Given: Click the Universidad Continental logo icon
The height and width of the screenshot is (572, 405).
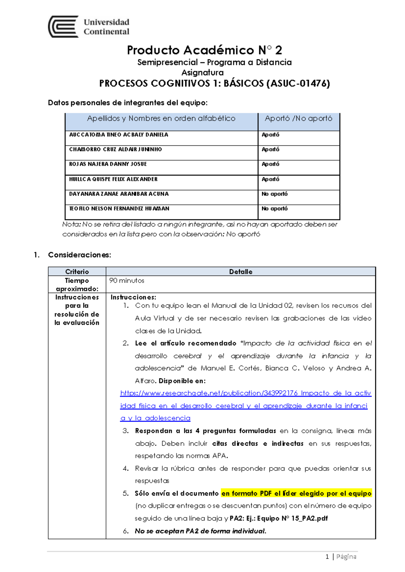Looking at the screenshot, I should coord(63,27).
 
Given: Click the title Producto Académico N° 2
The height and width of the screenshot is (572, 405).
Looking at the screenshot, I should coord(204,50).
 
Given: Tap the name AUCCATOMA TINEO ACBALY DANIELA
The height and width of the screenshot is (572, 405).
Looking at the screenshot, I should coord(118,135).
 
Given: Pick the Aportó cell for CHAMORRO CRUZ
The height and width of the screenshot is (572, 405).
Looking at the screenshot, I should coord(271,149).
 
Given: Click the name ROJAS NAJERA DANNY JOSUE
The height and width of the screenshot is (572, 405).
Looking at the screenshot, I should coord(108,164).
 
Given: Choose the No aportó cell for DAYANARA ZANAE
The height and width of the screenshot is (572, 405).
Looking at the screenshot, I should coord(275,194).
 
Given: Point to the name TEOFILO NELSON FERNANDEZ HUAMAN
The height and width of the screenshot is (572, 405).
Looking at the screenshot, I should coord(119,209).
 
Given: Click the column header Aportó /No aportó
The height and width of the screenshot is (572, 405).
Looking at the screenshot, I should coord(298,118).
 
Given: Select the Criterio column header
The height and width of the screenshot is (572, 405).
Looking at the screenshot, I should coord(77,271).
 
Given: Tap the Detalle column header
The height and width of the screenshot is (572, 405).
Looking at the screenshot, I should coord(241,271).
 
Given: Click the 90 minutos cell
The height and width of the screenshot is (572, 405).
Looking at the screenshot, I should coord(127,281).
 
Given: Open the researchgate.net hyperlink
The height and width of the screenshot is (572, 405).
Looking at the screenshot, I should coord(245,406).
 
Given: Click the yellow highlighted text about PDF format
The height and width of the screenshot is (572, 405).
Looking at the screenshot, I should coord(296,493).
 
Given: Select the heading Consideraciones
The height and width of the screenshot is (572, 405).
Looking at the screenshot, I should coord(79,255).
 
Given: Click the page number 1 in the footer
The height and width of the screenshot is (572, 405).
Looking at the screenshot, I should coord(327,556).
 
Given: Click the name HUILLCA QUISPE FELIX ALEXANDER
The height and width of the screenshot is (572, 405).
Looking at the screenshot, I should coord(113,179).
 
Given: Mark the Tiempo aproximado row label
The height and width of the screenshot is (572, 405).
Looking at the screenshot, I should coord(77,285).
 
